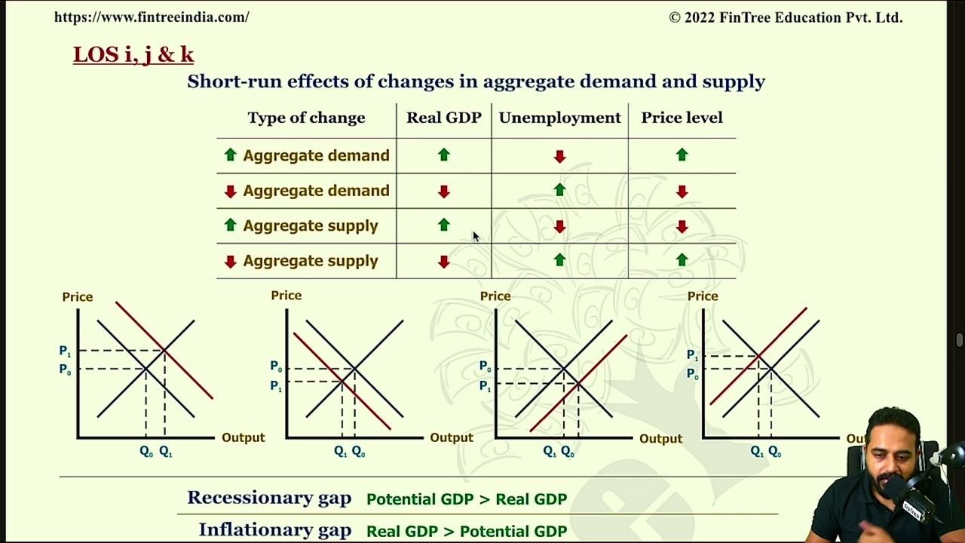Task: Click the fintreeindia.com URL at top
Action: (152, 17)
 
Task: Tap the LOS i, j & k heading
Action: (133, 55)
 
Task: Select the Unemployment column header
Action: (559, 118)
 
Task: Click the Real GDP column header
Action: (444, 118)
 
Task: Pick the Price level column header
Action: (682, 118)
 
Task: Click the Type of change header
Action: (306, 118)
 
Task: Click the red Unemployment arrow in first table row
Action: (559, 156)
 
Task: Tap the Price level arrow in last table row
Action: (682, 259)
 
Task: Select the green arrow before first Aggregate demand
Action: (231, 155)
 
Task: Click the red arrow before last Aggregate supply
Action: (231, 262)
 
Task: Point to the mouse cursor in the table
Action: (476, 237)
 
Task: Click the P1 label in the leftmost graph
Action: (65, 351)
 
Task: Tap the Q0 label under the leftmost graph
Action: (146, 452)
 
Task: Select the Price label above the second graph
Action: (286, 296)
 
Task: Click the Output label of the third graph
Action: (661, 439)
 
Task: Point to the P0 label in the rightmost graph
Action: (692, 374)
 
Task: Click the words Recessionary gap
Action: (269, 499)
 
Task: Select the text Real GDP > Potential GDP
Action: (467, 532)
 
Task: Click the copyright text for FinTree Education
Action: (786, 17)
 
